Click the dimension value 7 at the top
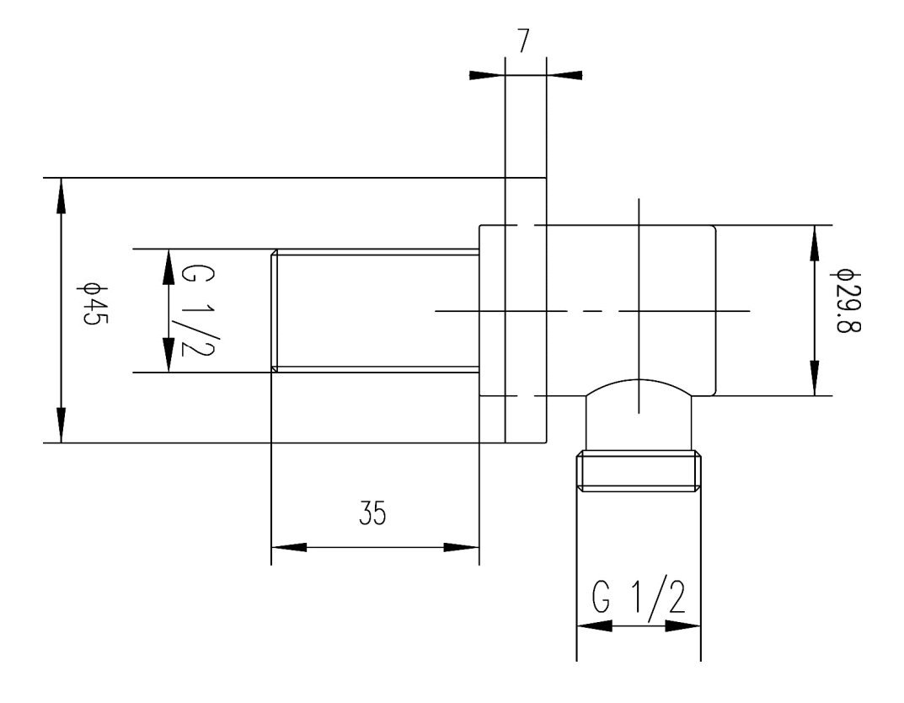coord(523,40)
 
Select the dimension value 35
coord(372,512)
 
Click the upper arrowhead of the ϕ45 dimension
coord(61,196)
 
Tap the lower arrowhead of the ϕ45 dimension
coord(61,425)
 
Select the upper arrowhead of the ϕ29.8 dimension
coord(814,244)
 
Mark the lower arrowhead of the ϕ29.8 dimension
coord(814,378)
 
